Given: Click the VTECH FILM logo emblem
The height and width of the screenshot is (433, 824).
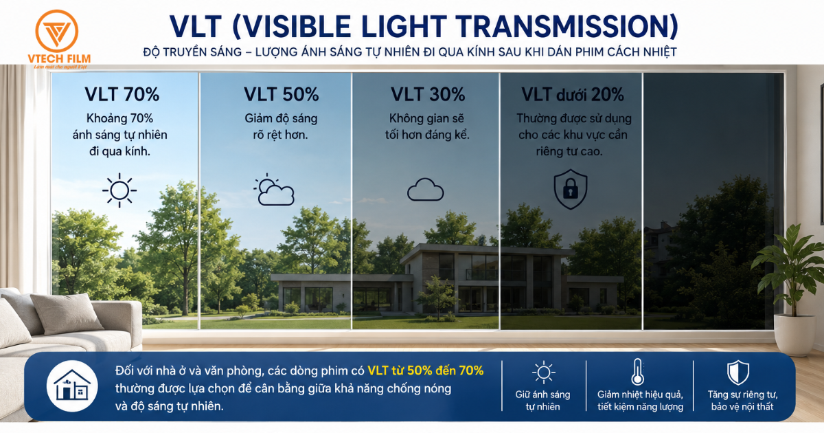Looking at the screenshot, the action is (56, 32).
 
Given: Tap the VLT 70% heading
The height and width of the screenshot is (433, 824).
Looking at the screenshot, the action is (122, 94).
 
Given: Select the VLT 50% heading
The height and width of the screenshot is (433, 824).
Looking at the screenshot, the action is (282, 94).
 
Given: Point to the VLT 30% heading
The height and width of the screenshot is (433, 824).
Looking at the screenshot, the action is (428, 94).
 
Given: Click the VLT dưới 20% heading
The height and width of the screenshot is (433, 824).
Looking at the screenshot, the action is (573, 95).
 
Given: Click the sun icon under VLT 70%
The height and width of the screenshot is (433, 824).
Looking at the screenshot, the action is (119, 190).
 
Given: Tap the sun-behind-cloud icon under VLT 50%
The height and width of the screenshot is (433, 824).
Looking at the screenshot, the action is (274, 189).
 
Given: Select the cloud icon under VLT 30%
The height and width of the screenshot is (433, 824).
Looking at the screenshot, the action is (426, 190).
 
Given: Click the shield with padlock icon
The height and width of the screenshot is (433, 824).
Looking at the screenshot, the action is (571, 189).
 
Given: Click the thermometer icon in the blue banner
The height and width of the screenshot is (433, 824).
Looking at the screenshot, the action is (637, 372).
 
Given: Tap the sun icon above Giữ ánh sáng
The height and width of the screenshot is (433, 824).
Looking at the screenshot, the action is (543, 373).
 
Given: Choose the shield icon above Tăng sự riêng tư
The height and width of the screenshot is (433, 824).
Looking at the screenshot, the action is (738, 373).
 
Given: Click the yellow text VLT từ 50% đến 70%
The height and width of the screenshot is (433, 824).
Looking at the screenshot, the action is (426, 370).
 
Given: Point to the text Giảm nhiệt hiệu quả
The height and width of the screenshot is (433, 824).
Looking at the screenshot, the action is (640, 395).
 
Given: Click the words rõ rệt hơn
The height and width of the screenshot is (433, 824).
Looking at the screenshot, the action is (280, 135).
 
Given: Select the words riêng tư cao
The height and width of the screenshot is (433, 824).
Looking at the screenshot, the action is (569, 151).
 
